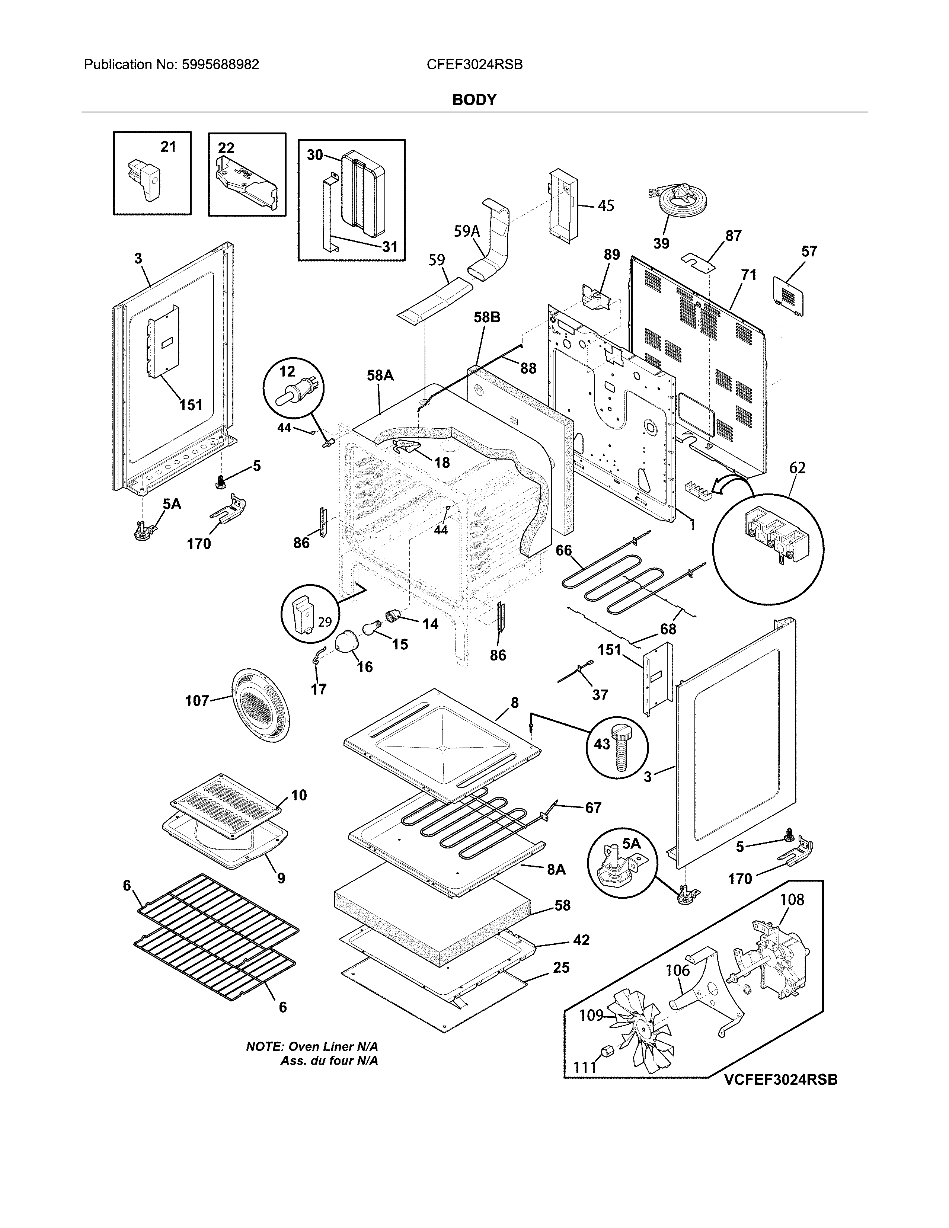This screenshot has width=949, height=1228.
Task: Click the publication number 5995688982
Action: pyautogui.click(x=220, y=65)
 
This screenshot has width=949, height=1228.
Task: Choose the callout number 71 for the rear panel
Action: pyautogui.click(x=748, y=275)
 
